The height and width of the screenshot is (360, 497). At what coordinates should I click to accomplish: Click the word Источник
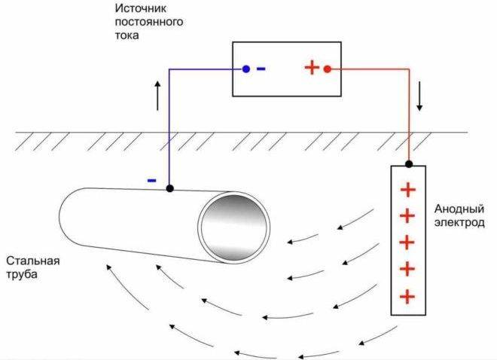pos(140,8)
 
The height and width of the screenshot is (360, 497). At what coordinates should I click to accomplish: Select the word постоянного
pos(149,22)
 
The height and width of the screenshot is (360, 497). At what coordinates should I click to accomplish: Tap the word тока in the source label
pos(127,35)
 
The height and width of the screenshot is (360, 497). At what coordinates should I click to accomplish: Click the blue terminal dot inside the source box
pos(246,69)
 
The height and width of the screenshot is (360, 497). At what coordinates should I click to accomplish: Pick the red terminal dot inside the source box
pos(328,69)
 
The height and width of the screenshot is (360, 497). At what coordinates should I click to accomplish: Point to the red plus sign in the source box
pos(312,68)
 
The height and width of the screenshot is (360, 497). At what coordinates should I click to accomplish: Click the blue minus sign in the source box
pos(261,69)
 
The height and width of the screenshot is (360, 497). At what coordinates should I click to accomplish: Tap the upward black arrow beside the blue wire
pos(157,96)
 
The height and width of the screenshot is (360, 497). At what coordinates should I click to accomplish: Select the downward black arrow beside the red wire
pos(419,96)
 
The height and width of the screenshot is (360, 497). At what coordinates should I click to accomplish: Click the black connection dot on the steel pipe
pos(170,188)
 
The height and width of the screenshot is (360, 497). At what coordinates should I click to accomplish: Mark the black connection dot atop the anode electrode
pos(409,164)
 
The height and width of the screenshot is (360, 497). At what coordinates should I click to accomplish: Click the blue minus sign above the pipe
pos(152,181)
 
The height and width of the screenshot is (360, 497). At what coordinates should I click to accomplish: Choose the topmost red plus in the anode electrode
pos(408,190)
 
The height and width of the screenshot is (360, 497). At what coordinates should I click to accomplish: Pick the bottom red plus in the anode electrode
pos(407,297)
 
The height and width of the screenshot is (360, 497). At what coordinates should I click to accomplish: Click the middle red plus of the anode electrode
pos(407,243)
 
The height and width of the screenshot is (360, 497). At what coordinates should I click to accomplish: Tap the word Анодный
pos(459,209)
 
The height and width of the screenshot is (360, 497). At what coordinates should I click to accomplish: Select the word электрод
pos(459,223)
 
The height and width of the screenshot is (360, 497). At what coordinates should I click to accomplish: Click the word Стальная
pos(33,261)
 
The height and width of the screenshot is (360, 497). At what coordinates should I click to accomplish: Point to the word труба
pos(22,274)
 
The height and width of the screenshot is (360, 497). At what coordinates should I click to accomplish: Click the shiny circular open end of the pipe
pos(234,227)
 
